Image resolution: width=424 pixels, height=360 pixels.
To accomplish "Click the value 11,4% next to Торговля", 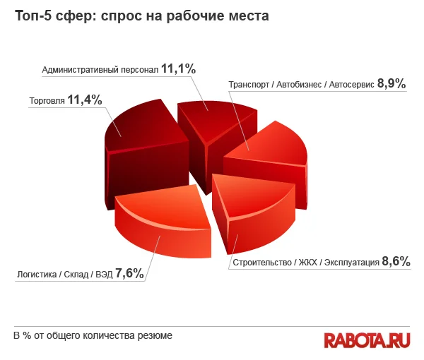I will [85, 100].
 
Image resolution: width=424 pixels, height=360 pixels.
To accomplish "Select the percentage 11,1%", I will [178, 69].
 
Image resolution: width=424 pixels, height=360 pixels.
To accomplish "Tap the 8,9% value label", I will [391, 84].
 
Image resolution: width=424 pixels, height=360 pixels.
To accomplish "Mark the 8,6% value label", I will [396, 262].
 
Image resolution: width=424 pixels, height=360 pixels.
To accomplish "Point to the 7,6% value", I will [129, 273].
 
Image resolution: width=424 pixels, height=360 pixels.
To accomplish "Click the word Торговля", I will [47, 101].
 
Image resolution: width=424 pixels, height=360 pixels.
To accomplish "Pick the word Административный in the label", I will [77, 70].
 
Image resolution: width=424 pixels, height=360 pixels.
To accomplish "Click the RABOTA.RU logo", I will [367, 340].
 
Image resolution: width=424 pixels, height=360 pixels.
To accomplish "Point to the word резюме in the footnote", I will [155, 336].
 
